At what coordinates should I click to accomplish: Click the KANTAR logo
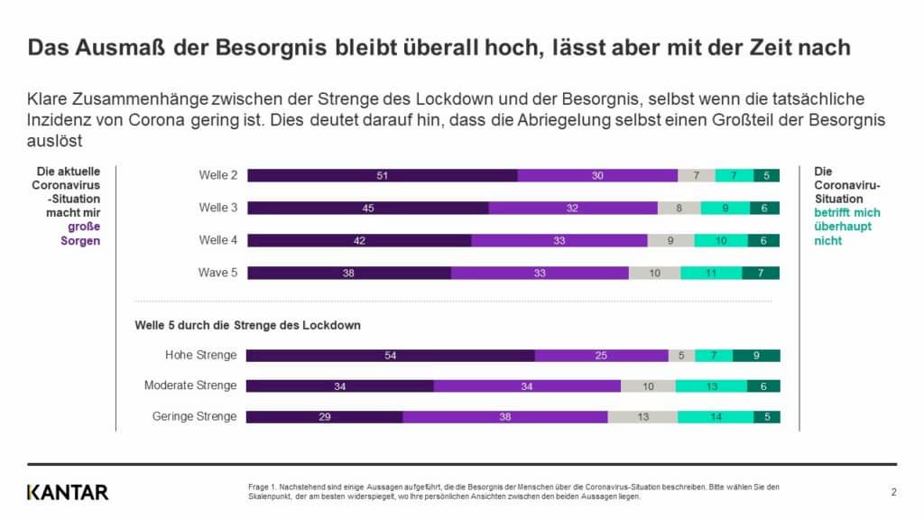click(x=68, y=492)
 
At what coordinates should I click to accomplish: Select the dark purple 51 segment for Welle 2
click(x=382, y=175)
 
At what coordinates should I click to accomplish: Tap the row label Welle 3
click(x=218, y=208)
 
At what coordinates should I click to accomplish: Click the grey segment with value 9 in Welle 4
click(x=670, y=240)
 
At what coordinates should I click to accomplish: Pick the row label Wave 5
click(x=217, y=273)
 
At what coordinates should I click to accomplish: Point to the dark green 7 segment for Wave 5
click(x=761, y=273)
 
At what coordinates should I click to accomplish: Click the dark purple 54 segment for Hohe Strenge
click(x=390, y=356)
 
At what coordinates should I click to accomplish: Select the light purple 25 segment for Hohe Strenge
click(x=601, y=356)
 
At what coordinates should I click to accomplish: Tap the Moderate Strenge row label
click(x=190, y=385)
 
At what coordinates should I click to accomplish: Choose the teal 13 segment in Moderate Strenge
click(x=711, y=385)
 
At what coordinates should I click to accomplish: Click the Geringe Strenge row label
click(x=195, y=416)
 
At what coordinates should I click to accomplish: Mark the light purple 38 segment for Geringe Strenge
click(x=504, y=416)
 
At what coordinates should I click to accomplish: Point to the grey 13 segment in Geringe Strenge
click(x=642, y=416)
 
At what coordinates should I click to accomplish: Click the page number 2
click(x=893, y=492)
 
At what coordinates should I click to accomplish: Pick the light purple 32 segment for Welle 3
click(x=573, y=208)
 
